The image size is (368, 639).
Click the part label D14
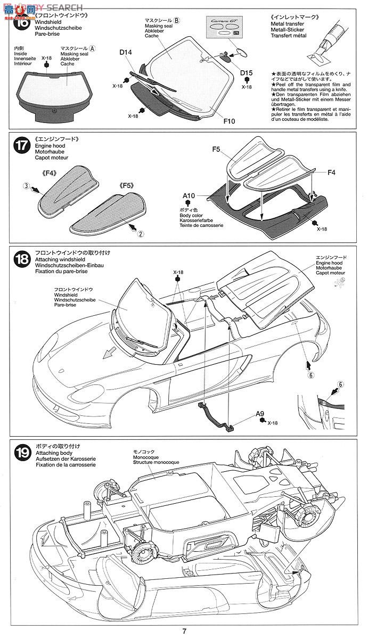[126, 52]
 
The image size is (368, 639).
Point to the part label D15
[246, 72]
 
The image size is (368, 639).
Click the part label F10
[230, 120]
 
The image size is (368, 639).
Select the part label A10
[189, 195]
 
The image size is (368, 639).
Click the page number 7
[184, 632]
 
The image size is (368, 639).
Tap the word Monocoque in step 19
[145, 456]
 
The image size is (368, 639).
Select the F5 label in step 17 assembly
[216, 150]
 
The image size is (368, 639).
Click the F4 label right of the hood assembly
[331, 172]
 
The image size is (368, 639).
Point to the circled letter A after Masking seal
[92, 48]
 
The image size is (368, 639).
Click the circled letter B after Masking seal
[177, 20]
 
